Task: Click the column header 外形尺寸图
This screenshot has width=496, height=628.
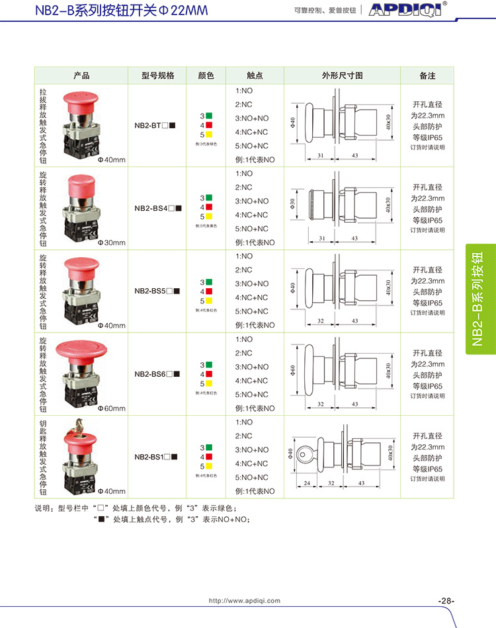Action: click(342, 76)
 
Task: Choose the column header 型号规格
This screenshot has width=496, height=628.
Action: click(158, 76)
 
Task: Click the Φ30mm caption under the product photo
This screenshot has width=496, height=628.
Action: click(111, 243)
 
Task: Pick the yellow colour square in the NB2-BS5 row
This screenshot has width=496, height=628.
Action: click(209, 299)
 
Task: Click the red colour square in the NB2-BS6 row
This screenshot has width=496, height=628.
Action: click(209, 373)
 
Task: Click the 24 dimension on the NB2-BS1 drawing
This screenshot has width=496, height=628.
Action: click(307, 483)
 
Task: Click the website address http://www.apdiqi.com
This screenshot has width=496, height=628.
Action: click(245, 601)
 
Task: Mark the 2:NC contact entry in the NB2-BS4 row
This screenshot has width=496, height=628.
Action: click(244, 187)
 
